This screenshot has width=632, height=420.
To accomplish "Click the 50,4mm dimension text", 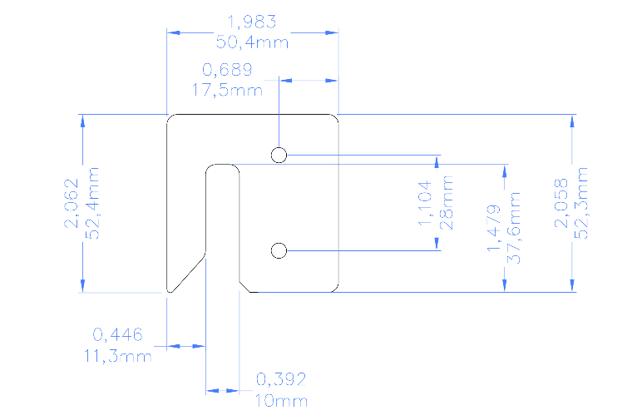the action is [x=252, y=42].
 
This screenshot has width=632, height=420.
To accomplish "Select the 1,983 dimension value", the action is [x=252, y=22].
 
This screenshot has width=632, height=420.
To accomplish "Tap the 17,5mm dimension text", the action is [x=227, y=90].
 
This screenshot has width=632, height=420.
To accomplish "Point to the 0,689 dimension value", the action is [x=227, y=69].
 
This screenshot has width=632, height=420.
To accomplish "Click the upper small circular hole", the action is [x=279, y=156].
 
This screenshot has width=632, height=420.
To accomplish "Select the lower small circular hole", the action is [x=279, y=250].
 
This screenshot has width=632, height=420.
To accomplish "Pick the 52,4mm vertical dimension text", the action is [x=93, y=203].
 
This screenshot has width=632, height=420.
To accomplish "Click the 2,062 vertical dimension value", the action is [x=72, y=203].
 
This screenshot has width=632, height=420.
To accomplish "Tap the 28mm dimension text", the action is [x=447, y=203].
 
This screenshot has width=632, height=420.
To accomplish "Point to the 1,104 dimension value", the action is [x=425, y=203].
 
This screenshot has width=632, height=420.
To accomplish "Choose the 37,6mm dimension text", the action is [x=514, y=228].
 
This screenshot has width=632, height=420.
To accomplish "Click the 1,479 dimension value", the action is [x=494, y=228].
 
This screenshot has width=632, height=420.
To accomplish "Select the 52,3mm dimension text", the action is [x=581, y=203].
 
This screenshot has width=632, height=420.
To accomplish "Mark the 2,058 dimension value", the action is [x=561, y=203].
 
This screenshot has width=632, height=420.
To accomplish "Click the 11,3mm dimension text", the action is [x=118, y=356].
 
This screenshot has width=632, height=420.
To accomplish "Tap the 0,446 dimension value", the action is [x=118, y=334].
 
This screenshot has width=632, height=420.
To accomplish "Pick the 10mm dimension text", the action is [x=281, y=401].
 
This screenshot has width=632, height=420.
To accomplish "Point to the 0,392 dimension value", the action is [x=281, y=379].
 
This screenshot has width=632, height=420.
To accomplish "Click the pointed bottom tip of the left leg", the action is [x=170, y=291].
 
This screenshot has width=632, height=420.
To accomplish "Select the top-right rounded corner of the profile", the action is [x=335, y=117].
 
